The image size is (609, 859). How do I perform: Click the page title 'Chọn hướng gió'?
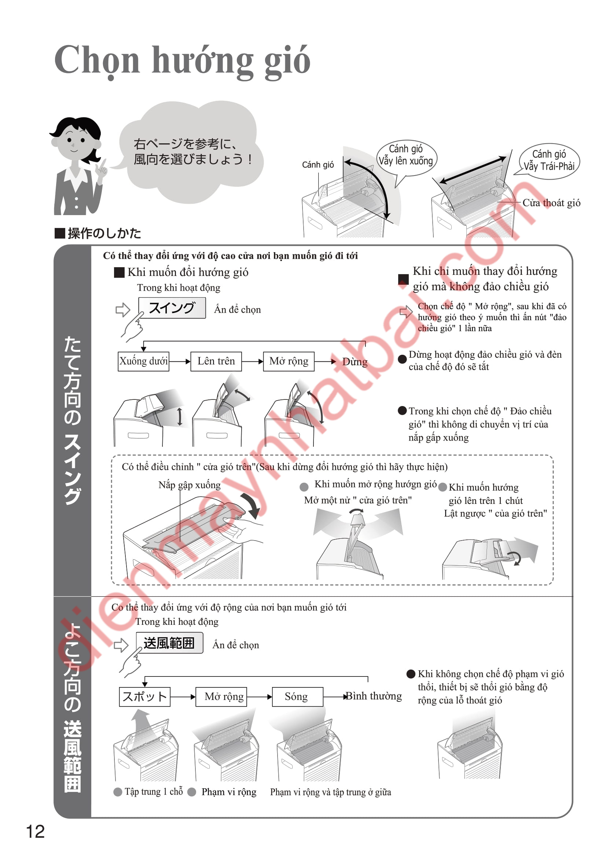(x=182, y=61)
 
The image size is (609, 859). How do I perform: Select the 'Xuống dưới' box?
(x=143, y=361)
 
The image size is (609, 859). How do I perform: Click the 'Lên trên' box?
(x=216, y=361)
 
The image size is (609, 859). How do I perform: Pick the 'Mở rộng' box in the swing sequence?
(x=289, y=361)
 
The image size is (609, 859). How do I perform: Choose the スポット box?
(x=145, y=696)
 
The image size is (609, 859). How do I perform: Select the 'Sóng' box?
(x=297, y=696)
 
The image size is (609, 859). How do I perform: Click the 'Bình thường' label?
(x=374, y=696)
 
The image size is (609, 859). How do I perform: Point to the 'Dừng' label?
(x=355, y=362)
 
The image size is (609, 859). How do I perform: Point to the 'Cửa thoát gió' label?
(x=551, y=203)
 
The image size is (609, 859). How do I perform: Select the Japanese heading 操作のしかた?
(x=98, y=233)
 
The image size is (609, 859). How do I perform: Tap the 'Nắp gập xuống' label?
(x=190, y=485)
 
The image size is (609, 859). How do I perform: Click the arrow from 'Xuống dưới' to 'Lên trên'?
(x=180, y=361)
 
